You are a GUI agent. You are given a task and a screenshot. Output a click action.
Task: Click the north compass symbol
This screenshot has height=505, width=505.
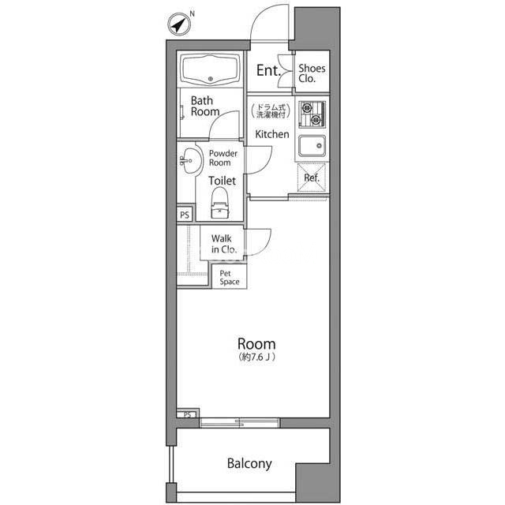[x=179, y=24]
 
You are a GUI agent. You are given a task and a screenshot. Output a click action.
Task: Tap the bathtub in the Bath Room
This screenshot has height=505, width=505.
[x=211, y=70]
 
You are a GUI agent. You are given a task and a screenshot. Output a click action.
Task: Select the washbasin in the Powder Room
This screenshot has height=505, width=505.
[x=191, y=161]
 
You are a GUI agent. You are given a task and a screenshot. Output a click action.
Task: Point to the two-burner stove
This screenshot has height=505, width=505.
[x=312, y=114]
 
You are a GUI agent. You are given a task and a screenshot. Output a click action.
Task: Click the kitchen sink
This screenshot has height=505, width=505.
[x=312, y=146]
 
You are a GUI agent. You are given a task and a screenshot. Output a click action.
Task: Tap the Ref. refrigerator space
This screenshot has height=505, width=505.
[x=312, y=178]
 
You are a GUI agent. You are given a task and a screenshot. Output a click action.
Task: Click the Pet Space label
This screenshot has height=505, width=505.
[x=230, y=278]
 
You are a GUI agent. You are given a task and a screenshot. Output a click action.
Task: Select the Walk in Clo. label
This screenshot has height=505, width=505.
[x=224, y=244]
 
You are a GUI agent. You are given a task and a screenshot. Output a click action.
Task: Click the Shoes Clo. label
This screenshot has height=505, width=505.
[x=312, y=73]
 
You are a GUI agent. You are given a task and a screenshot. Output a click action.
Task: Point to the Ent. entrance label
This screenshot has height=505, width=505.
[x=268, y=70]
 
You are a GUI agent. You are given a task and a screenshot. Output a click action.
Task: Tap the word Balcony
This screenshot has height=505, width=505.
[x=249, y=464]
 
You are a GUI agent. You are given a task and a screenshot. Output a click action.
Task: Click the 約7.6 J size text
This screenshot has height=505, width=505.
[x=256, y=357]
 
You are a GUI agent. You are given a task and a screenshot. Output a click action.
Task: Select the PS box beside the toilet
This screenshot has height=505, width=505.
[x=185, y=215]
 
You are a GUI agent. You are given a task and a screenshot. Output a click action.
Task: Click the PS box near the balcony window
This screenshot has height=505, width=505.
[x=187, y=414]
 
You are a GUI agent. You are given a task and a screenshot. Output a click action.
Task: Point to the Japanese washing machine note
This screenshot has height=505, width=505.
[x=271, y=111]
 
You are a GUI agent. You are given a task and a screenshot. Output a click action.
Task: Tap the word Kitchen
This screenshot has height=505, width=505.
[x=272, y=134]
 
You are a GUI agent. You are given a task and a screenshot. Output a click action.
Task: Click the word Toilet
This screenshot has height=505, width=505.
[x=223, y=181]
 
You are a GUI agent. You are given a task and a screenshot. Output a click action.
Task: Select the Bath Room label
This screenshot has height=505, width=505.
[x=205, y=107]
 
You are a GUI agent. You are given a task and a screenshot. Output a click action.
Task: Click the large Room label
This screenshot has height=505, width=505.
[x=256, y=344]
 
